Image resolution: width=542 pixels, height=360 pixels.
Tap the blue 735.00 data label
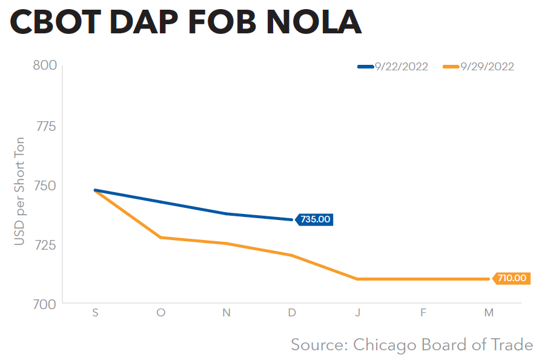tap(316, 219)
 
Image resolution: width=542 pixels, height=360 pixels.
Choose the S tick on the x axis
tap(96, 313)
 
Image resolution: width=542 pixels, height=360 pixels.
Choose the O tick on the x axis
tap(161, 313)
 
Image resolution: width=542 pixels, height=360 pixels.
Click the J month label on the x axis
tap(358, 313)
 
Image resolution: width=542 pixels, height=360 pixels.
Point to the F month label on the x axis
tap(423, 313)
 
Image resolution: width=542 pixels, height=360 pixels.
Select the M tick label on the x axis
tap(489, 313)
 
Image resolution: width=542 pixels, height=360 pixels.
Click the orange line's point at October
tap(161, 238)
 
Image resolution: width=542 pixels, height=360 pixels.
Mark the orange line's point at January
tap(358, 279)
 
